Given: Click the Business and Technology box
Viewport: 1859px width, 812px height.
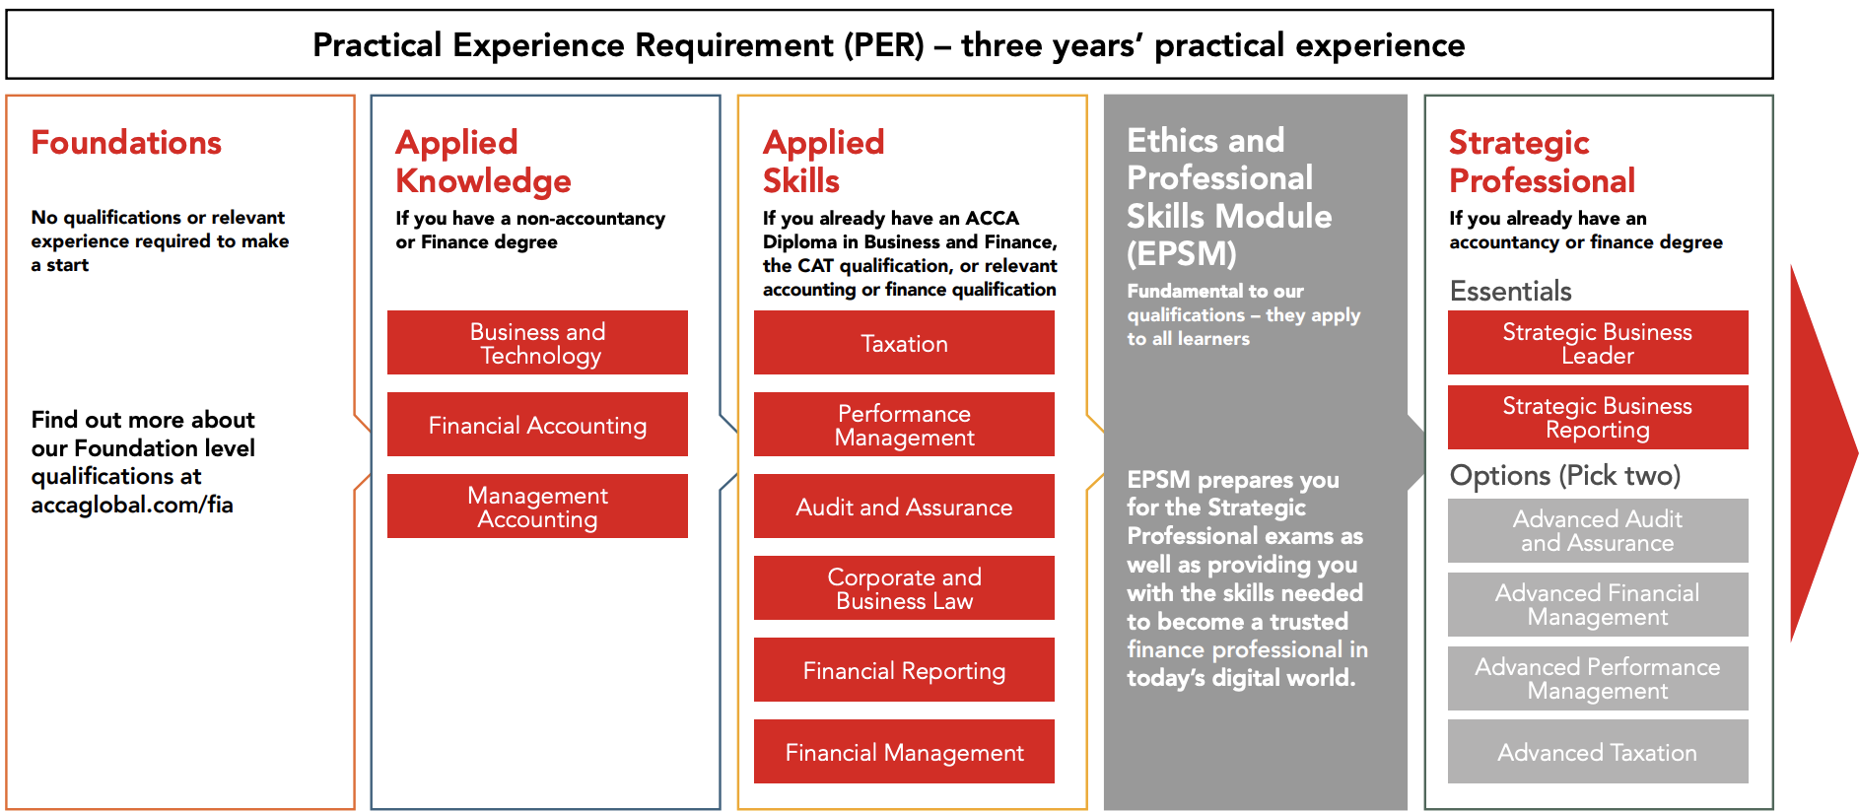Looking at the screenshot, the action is [x=537, y=343].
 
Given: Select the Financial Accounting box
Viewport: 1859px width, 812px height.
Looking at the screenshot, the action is [x=537, y=425].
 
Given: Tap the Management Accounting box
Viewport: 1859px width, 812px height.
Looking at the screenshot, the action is [x=537, y=507].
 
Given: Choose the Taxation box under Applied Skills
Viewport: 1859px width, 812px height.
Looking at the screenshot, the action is [x=904, y=343].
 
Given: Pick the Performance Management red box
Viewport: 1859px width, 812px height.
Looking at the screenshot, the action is [x=904, y=425].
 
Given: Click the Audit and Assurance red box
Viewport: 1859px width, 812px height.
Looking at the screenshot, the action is [x=904, y=507].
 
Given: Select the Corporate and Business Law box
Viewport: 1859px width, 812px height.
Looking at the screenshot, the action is [x=904, y=588].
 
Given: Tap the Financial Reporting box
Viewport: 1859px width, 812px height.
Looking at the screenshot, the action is [x=904, y=670].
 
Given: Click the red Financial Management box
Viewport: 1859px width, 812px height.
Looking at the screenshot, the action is [x=904, y=752].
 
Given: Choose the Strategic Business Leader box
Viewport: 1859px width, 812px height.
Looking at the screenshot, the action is [x=1598, y=343].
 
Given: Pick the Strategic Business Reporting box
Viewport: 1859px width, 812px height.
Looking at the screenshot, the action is [x=1598, y=417].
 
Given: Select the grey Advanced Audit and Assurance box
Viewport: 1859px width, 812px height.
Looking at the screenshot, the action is [x=1598, y=530].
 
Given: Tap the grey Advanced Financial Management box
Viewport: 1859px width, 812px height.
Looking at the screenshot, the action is [x=1598, y=604].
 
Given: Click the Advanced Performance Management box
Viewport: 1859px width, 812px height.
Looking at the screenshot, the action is [x=1598, y=678].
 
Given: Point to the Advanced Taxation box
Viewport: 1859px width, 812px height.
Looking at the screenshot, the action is [x=1598, y=752].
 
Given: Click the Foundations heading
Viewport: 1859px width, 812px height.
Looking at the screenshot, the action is [x=126, y=143].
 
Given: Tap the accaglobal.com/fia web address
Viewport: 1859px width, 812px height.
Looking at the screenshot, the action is [x=132, y=505].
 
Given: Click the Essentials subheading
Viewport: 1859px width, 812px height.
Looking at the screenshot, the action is [x=1510, y=291].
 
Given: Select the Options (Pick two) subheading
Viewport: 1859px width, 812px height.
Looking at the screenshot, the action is [x=1565, y=475].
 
